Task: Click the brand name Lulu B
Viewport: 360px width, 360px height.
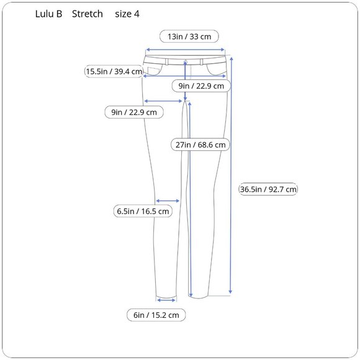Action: (x=48, y=14)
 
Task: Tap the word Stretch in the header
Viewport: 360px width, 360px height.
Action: (x=88, y=14)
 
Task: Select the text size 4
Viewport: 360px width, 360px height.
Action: (x=127, y=14)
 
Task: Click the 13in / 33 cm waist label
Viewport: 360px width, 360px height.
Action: (x=189, y=37)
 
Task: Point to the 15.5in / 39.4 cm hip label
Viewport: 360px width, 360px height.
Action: (x=114, y=71)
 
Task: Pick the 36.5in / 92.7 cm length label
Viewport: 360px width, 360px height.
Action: (x=268, y=189)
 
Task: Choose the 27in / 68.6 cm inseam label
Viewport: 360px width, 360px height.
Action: (x=200, y=145)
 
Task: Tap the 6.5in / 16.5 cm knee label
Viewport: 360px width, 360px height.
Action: (x=143, y=211)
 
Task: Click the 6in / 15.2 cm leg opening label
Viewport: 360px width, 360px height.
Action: (x=156, y=315)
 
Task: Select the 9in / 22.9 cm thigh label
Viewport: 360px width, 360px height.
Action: (x=134, y=112)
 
